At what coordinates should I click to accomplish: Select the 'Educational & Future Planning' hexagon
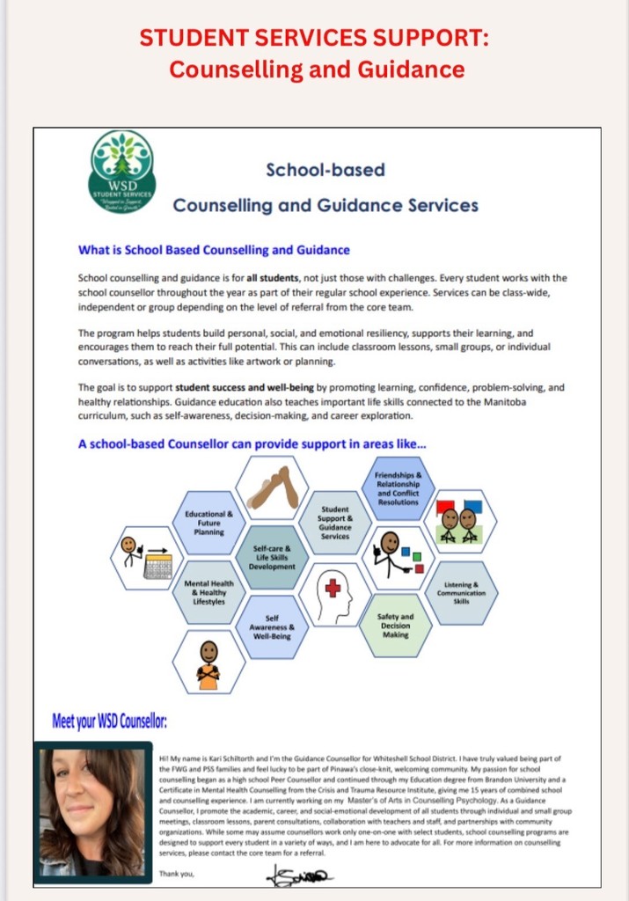click(x=209, y=523)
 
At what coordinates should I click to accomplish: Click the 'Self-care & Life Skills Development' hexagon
click(x=272, y=556)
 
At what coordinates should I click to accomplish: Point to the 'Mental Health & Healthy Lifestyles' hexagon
click(x=208, y=593)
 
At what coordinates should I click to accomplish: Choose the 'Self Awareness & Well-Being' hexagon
click(x=272, y=626)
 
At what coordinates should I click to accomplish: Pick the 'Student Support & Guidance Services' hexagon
click(x=335, y=523)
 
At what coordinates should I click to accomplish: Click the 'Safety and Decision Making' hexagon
click(x=396, y=626)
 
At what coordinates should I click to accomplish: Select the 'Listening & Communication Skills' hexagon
click(x=461, y=592)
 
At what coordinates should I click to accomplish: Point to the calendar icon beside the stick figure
click(x=157, y=565)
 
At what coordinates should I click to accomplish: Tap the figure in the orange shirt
click(x=208, y=663)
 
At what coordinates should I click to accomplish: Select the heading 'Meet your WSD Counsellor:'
click(x=109, y=723)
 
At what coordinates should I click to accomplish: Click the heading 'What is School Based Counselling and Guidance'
click(x=214, y=250)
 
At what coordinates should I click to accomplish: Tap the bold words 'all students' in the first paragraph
click(x=297, y=278)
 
